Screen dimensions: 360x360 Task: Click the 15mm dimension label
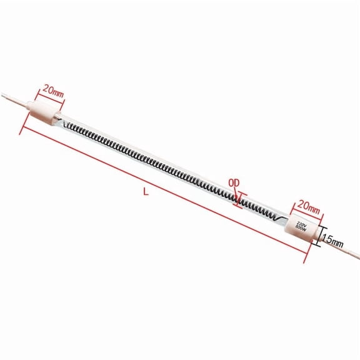click(x=332, y=237)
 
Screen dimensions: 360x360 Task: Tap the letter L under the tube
click(x=146, y=193)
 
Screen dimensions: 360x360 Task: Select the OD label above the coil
click(x=234, y=182)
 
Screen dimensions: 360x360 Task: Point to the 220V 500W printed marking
click(x=300, y=227)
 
